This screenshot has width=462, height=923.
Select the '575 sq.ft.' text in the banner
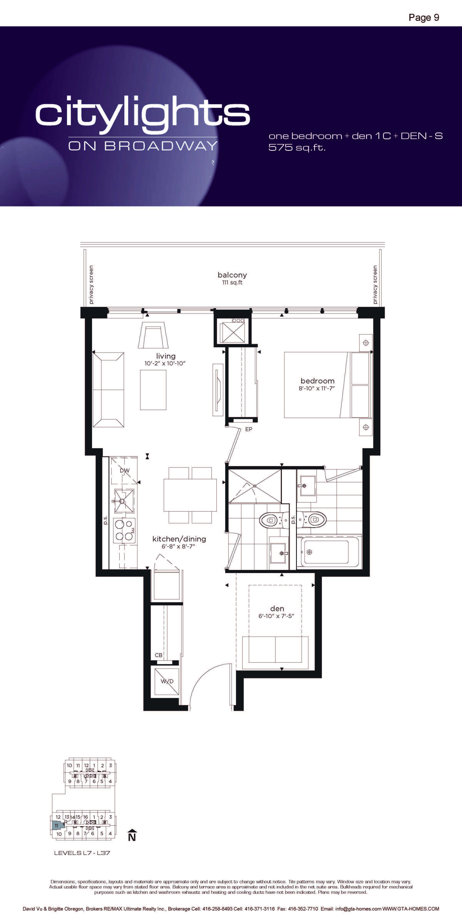(297, 147)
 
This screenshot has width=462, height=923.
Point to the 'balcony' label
(232, 275)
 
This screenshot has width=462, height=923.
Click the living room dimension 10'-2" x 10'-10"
(165, 363)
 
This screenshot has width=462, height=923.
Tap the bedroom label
(317, 381)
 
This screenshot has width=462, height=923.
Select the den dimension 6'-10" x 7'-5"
(276, 616)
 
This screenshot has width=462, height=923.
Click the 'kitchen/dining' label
(179, 539)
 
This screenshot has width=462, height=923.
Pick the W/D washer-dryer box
(167, 681)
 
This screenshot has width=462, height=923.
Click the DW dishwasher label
(125, 471)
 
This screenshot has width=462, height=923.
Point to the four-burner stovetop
(124, 531)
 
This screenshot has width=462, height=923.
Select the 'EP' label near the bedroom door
(249, 429)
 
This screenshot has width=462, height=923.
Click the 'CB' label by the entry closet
(159, 655)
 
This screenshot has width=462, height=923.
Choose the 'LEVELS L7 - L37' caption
(82, 853)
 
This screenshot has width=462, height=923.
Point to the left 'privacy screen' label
(91, 285)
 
